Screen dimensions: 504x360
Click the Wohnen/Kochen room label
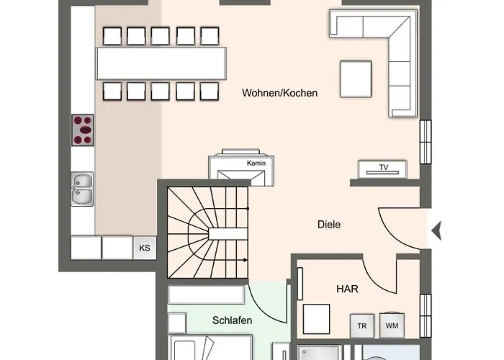click(279, 93)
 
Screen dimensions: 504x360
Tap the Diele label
click(329, 225)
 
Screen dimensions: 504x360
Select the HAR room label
click(347, 289)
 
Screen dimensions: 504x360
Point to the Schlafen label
click(232, 320)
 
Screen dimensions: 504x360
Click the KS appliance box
click(145, 248)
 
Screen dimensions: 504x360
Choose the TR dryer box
click(362, 325)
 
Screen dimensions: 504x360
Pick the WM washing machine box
click(392, 325)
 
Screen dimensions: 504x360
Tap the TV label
click(384, 167)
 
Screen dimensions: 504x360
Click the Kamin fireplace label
click(256, 163)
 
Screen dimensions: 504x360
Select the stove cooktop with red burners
click(83, 130)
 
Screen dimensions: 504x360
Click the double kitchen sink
click(82, 189)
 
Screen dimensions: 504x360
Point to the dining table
click(161, 63)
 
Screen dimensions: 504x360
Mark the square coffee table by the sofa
click(356, 79)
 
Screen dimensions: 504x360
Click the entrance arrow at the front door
click(436, 230)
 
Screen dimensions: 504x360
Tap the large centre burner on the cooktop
click(85, 130)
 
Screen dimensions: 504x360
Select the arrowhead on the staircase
click(246, 260)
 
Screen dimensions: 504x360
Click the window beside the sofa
click(426, 142)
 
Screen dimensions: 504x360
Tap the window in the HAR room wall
click(426, 315)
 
